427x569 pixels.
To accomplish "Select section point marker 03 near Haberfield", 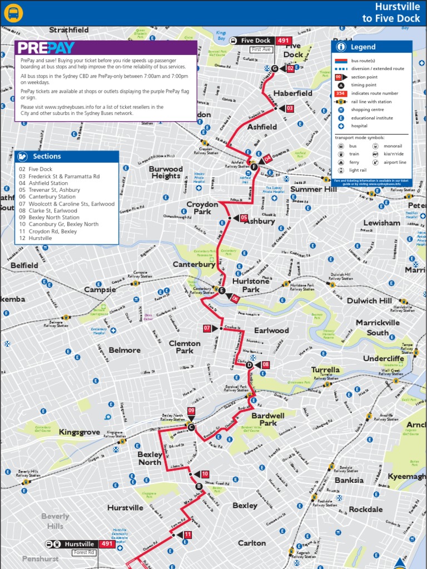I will tap(289, 108).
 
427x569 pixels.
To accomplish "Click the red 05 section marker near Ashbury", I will tap(244, 218).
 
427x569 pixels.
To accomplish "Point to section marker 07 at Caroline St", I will tap(207, 328).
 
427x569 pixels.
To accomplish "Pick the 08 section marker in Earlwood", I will tap(265, 365).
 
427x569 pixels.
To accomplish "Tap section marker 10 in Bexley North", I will tap(205, 474).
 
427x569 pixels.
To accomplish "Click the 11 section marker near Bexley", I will tap(187, 535).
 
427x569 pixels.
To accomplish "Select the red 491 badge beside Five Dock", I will tap(284, 41).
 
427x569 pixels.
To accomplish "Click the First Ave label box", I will tap(261, 49).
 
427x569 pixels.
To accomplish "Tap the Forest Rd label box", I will tap(83, 552).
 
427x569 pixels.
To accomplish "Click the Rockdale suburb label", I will tap(366, 510).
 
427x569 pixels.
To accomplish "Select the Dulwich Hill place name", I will tap(369, 301).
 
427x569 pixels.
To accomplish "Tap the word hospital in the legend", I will tap(359, 126).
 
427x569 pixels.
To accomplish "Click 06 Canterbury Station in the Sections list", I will tap(47, 197).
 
